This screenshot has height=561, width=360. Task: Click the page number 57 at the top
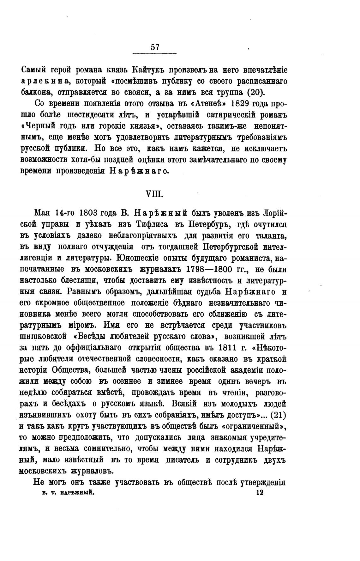(x=155, y=47)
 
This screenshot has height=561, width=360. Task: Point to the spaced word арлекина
(x=45, y=81)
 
